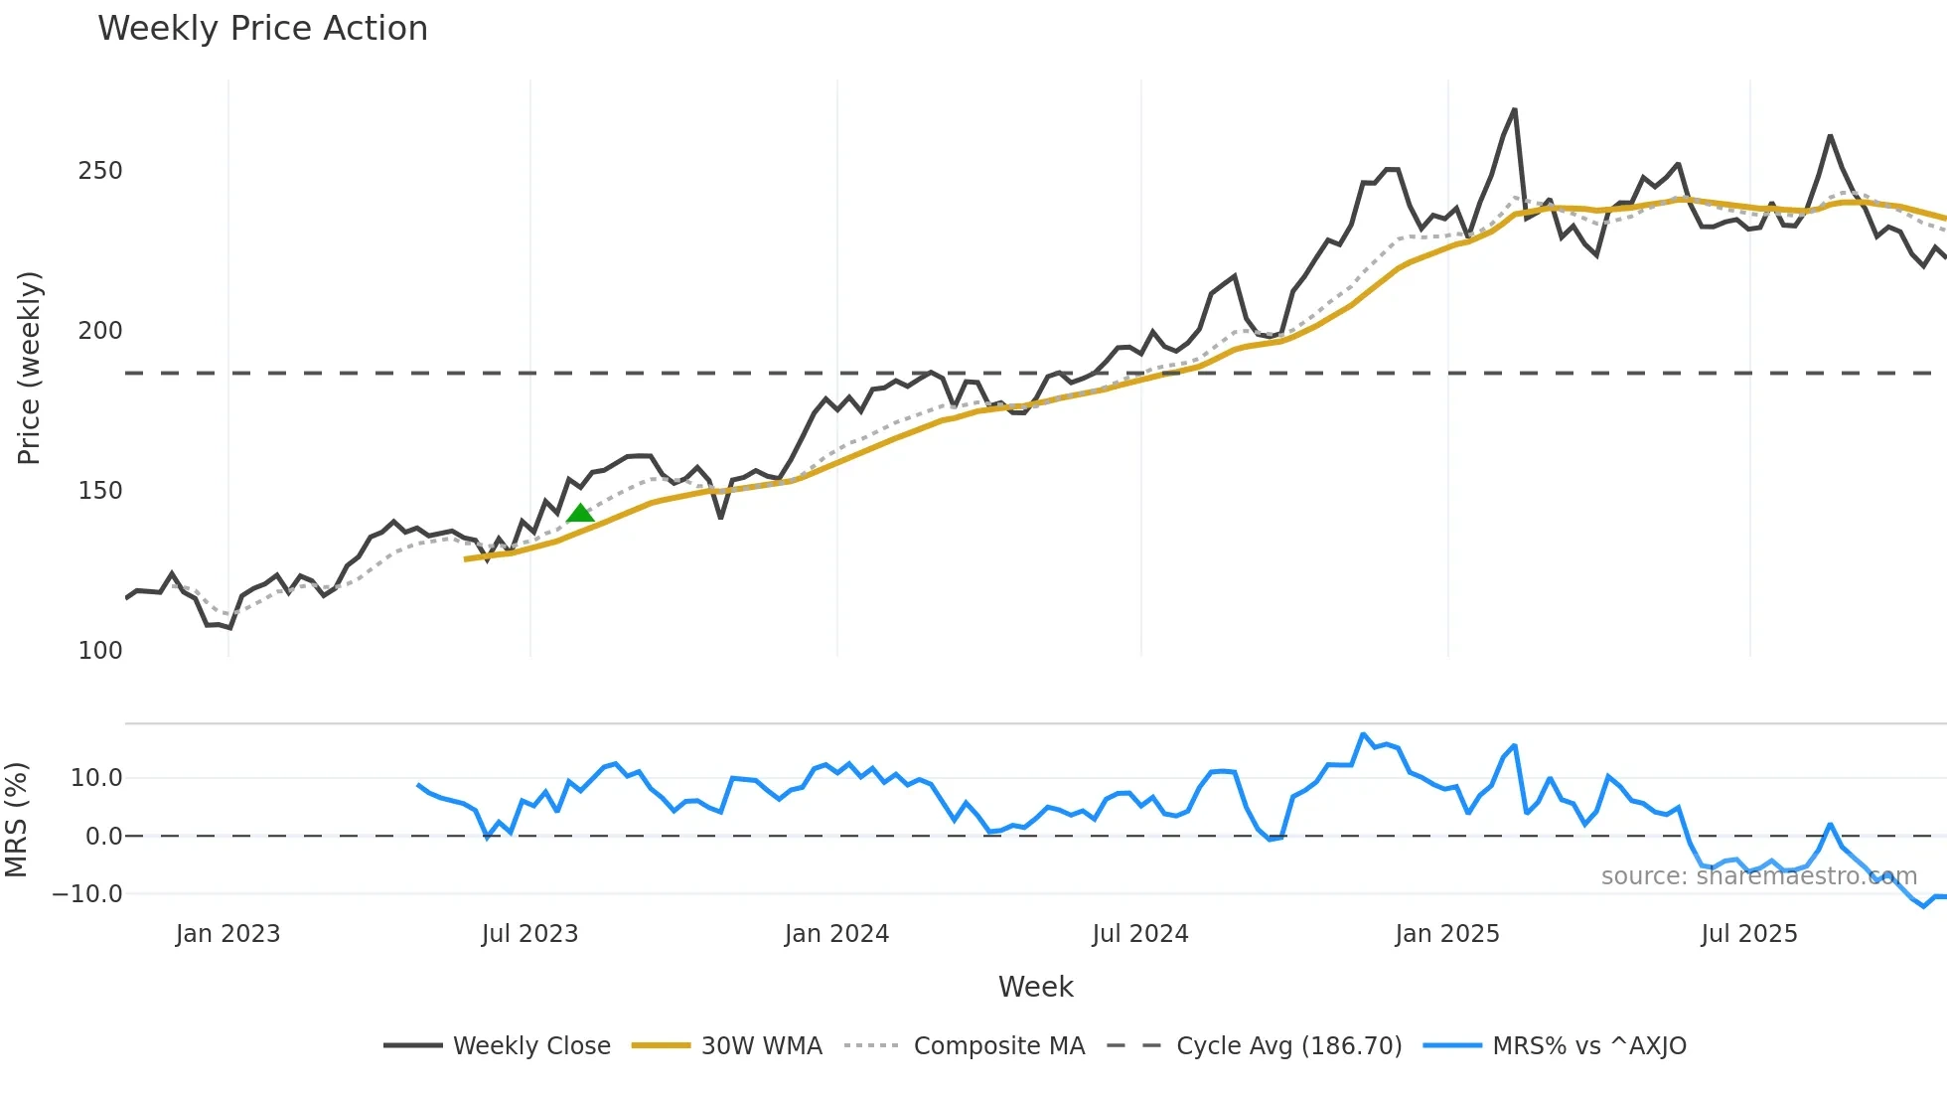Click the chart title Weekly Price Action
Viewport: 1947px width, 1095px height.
click(x=262, y=29)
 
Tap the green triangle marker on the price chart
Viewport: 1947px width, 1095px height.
click(x=580, y=513)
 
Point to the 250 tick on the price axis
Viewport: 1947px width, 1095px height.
click(x=100, y=171)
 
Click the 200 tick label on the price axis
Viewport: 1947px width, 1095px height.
click(x=100, y=331)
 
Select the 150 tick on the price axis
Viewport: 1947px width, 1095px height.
click(x=100, y=491)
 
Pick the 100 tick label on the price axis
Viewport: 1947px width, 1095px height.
click(x=100, y=651)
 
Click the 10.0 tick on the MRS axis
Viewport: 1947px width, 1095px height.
click(x=96, y=778)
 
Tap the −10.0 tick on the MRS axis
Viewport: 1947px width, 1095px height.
click(x=87, y=894)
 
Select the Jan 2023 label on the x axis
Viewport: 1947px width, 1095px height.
click(x=227, y=934)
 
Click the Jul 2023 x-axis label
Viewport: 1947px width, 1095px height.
click(x=529, y=934)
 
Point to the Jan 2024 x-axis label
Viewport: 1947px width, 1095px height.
click(x=836, y=934)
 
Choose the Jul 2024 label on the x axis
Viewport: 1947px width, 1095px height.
click(x=1140, y=934)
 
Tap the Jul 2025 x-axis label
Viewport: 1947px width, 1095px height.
click(x=1749, y=934)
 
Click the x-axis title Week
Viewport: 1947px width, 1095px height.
click(x=1035, y=987)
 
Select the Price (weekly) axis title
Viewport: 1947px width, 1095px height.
click(x=30, y=368)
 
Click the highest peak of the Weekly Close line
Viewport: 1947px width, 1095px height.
click(x=1514, y=110)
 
